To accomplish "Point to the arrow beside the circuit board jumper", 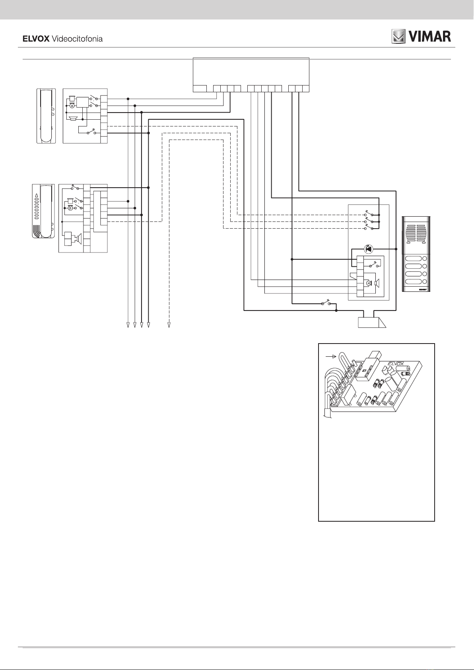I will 330,357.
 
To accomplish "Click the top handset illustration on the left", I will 46,116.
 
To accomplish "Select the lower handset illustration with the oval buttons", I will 43,211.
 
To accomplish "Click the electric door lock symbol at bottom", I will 372,322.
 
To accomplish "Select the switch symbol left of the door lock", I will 328,304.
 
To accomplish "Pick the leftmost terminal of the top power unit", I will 200,88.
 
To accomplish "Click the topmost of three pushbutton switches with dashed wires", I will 369,215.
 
